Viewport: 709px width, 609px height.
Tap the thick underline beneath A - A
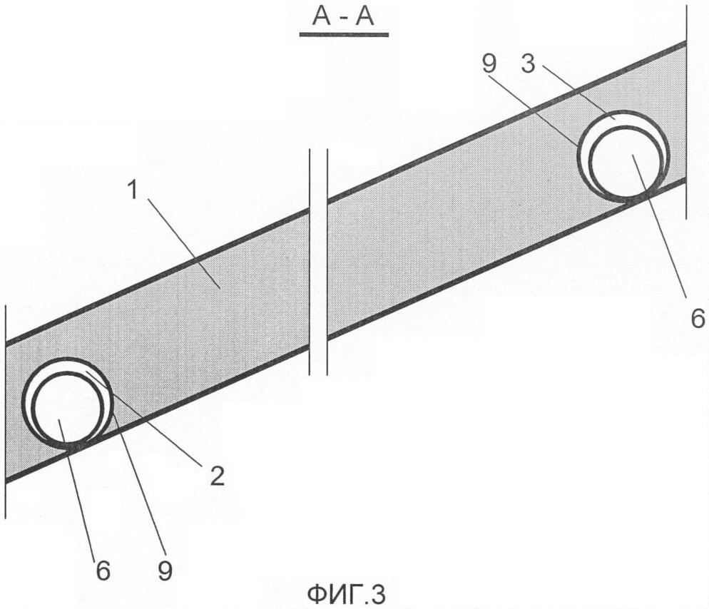pyautogui.click(x=343, y=34)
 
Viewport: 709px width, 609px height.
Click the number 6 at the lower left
pyautogui.click(x=104, y=571)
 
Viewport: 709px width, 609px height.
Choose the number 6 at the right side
pyautogui.click(x=697, y=319)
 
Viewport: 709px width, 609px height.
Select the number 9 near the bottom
pyautogui.click(x=165, y=571)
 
